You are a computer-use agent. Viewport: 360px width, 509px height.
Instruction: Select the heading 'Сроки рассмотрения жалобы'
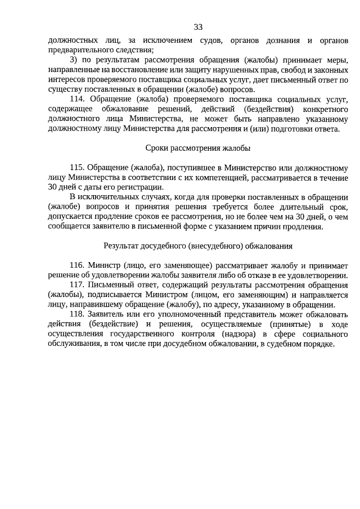[197, 148]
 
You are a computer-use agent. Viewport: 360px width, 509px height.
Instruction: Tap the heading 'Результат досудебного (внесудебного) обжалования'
[197, 246]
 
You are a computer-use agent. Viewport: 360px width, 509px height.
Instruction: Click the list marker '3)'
[74, 60]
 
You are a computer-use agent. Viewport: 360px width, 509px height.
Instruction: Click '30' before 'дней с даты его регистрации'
[52, 187]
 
